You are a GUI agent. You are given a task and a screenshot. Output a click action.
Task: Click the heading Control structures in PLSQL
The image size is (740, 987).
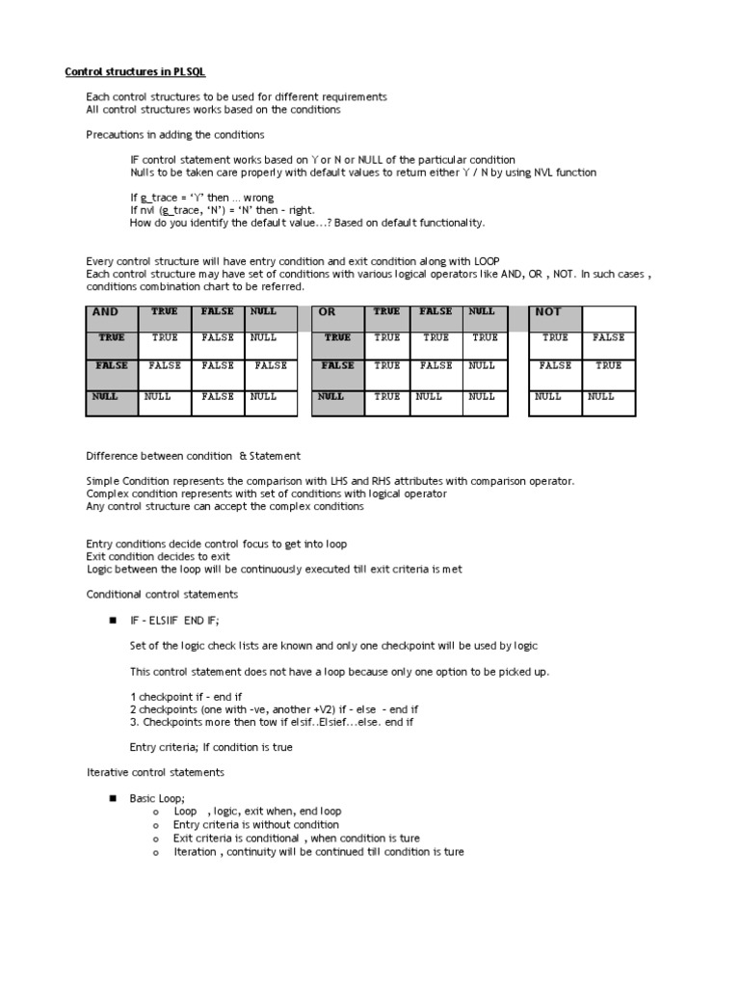click(134, 71)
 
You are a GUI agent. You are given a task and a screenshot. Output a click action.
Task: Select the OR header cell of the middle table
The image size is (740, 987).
click(336, 313)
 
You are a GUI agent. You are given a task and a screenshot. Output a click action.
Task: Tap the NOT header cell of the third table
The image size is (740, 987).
click(555, 313)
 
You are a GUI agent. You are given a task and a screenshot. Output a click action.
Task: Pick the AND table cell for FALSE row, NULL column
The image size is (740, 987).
click(271, 366)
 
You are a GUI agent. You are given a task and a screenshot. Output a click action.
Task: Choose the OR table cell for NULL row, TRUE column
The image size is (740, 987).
click(387, 397)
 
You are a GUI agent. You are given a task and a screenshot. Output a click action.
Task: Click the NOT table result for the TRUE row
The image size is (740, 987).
click(608, 338)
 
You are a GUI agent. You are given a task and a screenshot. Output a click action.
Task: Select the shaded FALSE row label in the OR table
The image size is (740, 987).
click(336, 366)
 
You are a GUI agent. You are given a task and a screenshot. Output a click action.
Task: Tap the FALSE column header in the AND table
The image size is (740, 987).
click(218, 312)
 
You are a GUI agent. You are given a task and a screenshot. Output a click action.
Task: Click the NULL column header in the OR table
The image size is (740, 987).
click(482, 312)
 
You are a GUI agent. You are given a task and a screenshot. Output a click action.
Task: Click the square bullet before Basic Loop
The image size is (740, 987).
click(113, 799)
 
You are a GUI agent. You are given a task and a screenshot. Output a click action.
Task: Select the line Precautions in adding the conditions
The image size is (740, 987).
click(174, 135)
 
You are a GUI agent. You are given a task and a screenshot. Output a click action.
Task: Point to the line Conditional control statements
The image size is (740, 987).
click(162, 595)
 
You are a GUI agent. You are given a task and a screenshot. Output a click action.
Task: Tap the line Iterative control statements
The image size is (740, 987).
click(155, 772)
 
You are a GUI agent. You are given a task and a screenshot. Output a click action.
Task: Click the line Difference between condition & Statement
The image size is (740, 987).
click(193, 455)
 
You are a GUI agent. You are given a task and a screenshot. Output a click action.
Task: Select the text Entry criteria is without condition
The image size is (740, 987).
click(255, 825)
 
